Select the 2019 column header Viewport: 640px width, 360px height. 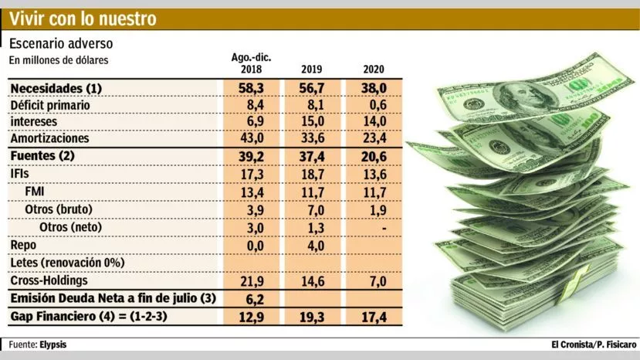tap(313, 70)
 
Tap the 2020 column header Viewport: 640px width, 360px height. tap(374, 70)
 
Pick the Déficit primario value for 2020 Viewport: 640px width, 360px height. tap(374, 105)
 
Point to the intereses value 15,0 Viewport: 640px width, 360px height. tap(313, 122)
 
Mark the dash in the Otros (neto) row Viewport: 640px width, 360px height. tap(374, 228)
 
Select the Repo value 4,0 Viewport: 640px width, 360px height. tap(313, 246)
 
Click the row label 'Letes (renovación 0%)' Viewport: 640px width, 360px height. tap(67, 263)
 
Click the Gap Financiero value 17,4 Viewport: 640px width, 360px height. tap(374, 317)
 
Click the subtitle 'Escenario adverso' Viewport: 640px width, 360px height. tap(61, 44)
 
